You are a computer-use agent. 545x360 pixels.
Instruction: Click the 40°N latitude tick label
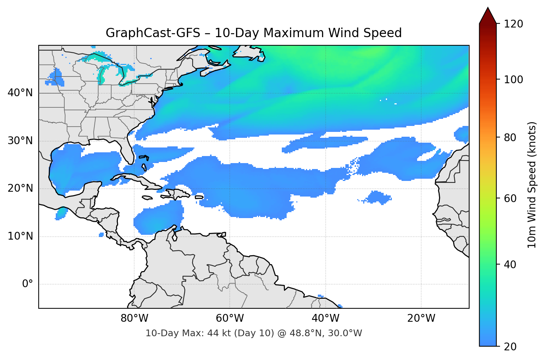pos(20,93)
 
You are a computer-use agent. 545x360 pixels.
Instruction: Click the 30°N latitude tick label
pos(20,141)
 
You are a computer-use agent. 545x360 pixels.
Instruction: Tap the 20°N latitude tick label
pos(20,188)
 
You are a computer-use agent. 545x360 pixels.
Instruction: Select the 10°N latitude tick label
pos(20,236)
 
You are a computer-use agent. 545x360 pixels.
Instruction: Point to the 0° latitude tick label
pos(28,284)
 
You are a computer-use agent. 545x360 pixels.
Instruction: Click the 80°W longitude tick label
pos(134,318)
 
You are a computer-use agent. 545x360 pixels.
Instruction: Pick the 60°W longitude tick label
pos(230,318)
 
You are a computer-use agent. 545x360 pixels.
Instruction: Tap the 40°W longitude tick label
pos(325,318)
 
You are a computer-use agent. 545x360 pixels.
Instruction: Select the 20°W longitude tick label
pos(421,318)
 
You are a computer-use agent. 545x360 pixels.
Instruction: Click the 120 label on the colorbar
pos(513,24)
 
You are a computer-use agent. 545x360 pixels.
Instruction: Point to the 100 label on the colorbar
pos(513,80)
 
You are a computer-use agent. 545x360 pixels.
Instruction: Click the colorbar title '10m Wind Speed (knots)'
pos(532,185)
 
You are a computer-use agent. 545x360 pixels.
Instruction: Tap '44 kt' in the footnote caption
pos(219,333)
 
